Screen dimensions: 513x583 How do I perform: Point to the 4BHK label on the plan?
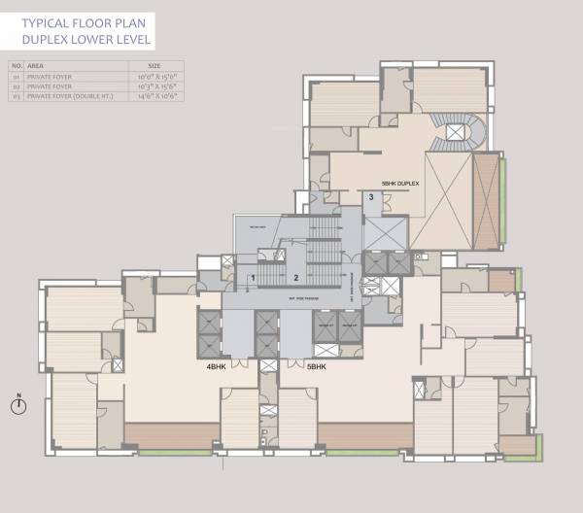click(x=216, y=367)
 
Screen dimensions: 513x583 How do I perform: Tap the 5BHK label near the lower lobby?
click(x=317, y=367)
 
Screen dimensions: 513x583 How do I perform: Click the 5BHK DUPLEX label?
click(x=400, y=184)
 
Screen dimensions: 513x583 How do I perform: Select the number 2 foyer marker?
click(x=294, y=278)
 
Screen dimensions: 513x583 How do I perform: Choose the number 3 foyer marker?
click(x=370, y=198)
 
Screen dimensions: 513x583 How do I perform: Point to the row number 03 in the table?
click(x=16, y=96)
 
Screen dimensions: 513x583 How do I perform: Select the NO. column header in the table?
click(x=16, y=66)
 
